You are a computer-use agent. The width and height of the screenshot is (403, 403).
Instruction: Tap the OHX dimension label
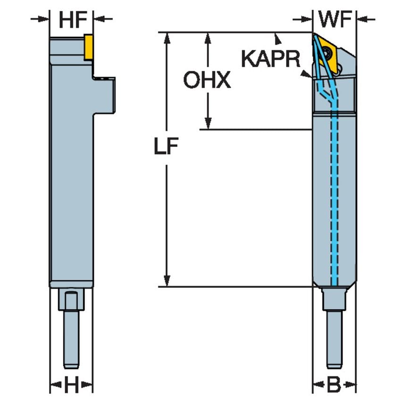click(x=207, y=81)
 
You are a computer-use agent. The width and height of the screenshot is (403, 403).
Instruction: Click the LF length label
click(x=166, y=148)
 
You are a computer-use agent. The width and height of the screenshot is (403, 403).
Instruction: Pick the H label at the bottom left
click(x=71, y=386)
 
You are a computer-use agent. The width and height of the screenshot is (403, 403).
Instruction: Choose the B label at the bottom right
click(x=334, y=386)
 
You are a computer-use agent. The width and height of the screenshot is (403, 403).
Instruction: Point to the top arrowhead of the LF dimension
click(x=166, y=38)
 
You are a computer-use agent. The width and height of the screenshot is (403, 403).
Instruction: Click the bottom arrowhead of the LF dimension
click(x=166, y=281)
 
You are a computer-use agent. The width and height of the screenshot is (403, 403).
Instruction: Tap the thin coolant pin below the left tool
click(x=71, y=340)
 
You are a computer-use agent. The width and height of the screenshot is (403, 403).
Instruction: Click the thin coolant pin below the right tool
click(x=334, y=340)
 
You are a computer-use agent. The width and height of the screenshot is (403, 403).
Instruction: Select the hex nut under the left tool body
click(x=71, y=300)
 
